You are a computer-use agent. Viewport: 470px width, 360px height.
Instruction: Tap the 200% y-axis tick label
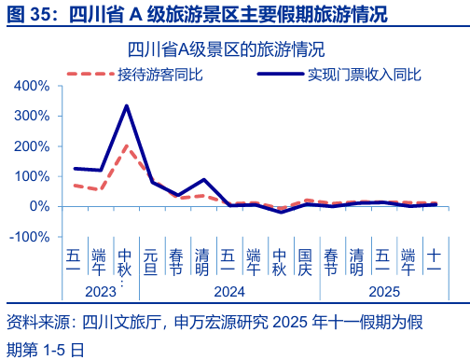[33, 146]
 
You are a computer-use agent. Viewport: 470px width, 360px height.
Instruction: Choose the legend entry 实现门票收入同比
[365, 72]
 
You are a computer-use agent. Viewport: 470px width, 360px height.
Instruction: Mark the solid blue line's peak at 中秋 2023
[126, 105]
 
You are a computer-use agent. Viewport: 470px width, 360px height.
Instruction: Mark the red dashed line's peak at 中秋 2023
[126, 145]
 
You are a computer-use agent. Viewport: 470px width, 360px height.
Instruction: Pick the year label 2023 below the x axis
[100, 291]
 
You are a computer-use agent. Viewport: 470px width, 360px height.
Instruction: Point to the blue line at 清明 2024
[202, 179]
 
